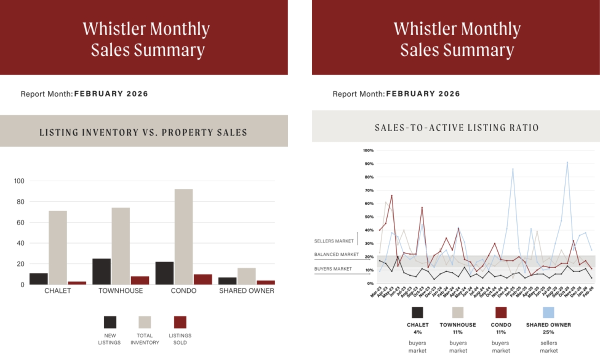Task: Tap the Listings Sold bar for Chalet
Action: click(x=77, y=283)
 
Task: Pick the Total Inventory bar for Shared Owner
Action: click(x=246, y=276)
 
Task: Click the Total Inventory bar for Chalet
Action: click(x=57, y=247)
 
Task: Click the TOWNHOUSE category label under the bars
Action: click(x=120, y=290)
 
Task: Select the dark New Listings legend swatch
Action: click(x=110, y=322)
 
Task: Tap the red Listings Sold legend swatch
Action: click(x=180, y=322)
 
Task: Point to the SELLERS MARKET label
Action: click(x=334, y=241)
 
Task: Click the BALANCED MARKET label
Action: click(x=336, y=254)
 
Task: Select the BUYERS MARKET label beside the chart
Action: click(x=333, y=269)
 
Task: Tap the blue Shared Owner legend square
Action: click(x=548, y=312)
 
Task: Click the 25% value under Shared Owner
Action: click(x=548, y=332)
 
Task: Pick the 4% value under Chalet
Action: click(x=417, y=332)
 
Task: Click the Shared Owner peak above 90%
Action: click(x=567, y=162)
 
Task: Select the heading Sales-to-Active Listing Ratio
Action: click(x=456, y=127)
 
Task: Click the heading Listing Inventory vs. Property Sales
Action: click(x=143, y=132)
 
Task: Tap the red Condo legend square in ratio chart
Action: click(x=501, y=312)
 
